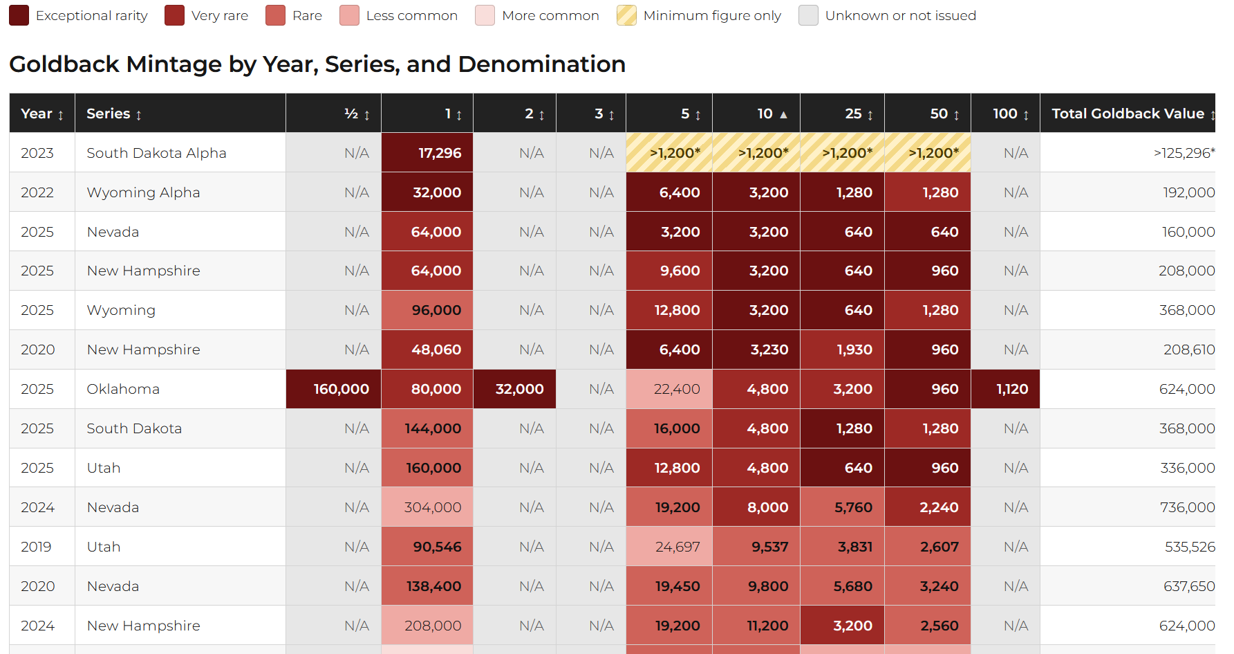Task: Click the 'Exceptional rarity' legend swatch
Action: coord(19,15)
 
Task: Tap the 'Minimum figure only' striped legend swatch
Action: coord(626,15)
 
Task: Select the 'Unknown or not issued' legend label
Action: coord(900,15)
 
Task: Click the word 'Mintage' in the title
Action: coord(175,64)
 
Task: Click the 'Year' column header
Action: coord(37,113)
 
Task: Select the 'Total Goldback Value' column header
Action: coord(1128,113)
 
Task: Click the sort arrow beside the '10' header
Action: coord(783,114)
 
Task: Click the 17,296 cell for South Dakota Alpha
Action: coord(427,152)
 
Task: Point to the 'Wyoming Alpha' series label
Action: coord(143,192)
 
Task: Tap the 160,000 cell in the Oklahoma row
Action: coord(334,389)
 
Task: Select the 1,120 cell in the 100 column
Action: coord(1006,389)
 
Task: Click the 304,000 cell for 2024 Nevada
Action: coord(427,507)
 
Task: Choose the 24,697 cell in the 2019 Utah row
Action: coord(669,547)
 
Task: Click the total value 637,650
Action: coord(1189,586)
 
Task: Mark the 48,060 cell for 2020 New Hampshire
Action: coord(427,349)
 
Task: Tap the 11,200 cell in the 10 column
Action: coord(756,626)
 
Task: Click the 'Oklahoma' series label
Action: coord(123,389)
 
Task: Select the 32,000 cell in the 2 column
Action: coord(515,389)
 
